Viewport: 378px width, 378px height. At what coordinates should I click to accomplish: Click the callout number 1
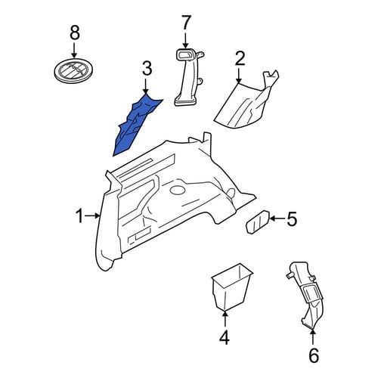(79, 216)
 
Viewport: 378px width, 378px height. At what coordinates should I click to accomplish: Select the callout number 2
(240, 58)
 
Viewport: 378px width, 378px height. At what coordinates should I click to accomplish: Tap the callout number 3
(147, 69)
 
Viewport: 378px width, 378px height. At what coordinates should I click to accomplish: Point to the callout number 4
(225, 337)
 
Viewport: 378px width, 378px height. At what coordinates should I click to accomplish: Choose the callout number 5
(292, 218)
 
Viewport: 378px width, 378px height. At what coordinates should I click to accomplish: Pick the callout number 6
(314, 355)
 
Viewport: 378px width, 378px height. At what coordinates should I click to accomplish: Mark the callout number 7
(186, 23)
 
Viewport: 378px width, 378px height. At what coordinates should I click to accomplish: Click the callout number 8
(75, 33)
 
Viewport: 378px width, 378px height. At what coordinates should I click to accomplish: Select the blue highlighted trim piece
(135, 125)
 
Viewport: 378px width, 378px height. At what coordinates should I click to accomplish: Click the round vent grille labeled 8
(74, 70)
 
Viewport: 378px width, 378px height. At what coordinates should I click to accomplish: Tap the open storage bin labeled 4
(231, 287)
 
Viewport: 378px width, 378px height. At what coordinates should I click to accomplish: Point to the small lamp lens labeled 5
(258, 222)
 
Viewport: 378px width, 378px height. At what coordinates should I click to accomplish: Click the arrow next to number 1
(92, 215)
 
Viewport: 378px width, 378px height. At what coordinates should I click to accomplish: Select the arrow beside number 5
(277, 218)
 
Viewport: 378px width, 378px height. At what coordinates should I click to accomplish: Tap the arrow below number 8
(74, 50)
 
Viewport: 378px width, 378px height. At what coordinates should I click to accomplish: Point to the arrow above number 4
(225, 319)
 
